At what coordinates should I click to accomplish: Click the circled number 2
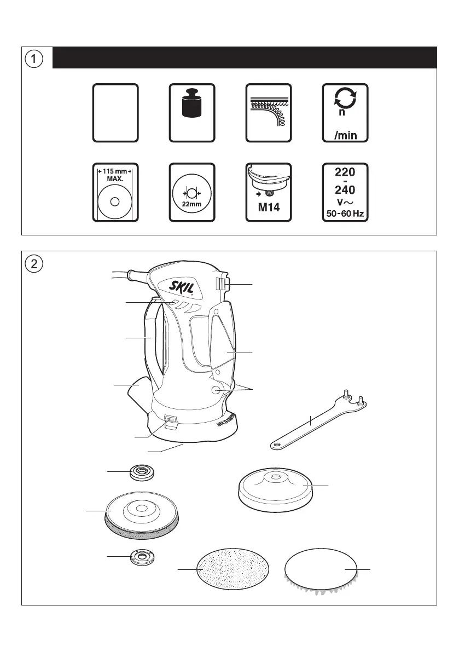tap(35, 263)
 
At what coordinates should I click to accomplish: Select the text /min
tap(345, 134)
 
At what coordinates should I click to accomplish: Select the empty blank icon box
tap(115, 113)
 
